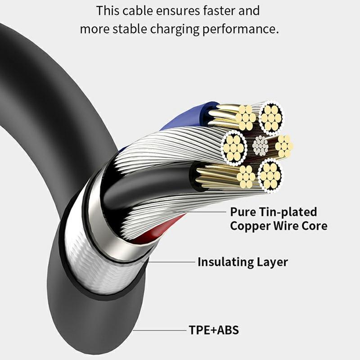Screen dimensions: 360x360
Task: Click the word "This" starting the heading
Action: coord(108,10)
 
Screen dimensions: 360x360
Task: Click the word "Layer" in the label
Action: coord(273,261)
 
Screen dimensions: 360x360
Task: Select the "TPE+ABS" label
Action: coord(214,331)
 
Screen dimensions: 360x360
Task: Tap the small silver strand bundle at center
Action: coord(261,145)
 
